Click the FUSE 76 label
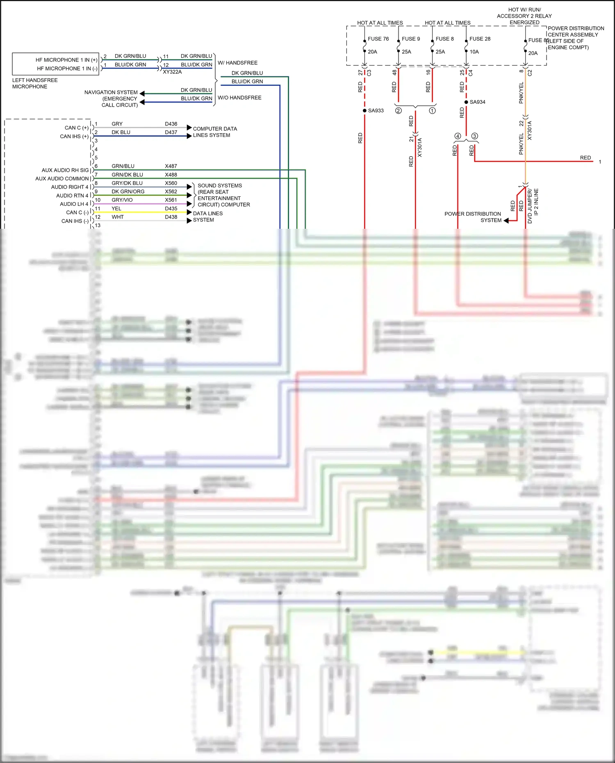[378, 39]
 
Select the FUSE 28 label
[480, 39]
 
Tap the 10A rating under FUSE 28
[474, 52]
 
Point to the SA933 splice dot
[364, 111]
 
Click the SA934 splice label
[477, 102]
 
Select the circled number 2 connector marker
[398, 111]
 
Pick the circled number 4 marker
[458, 136]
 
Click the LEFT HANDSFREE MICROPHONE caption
[35, 83]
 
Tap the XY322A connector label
[172, 72]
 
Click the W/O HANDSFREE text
[239, 98]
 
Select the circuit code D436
[171, 124]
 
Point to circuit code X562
[171, 191]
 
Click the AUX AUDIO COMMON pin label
[62, 179]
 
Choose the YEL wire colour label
[116, 209]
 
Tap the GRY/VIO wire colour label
[122, 200]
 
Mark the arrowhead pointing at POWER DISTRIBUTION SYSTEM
[506, 221]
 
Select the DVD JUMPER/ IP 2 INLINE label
[533, 206]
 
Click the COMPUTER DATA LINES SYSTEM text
[214, 132]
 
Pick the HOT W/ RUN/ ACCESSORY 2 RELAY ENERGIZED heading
[524, 16]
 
